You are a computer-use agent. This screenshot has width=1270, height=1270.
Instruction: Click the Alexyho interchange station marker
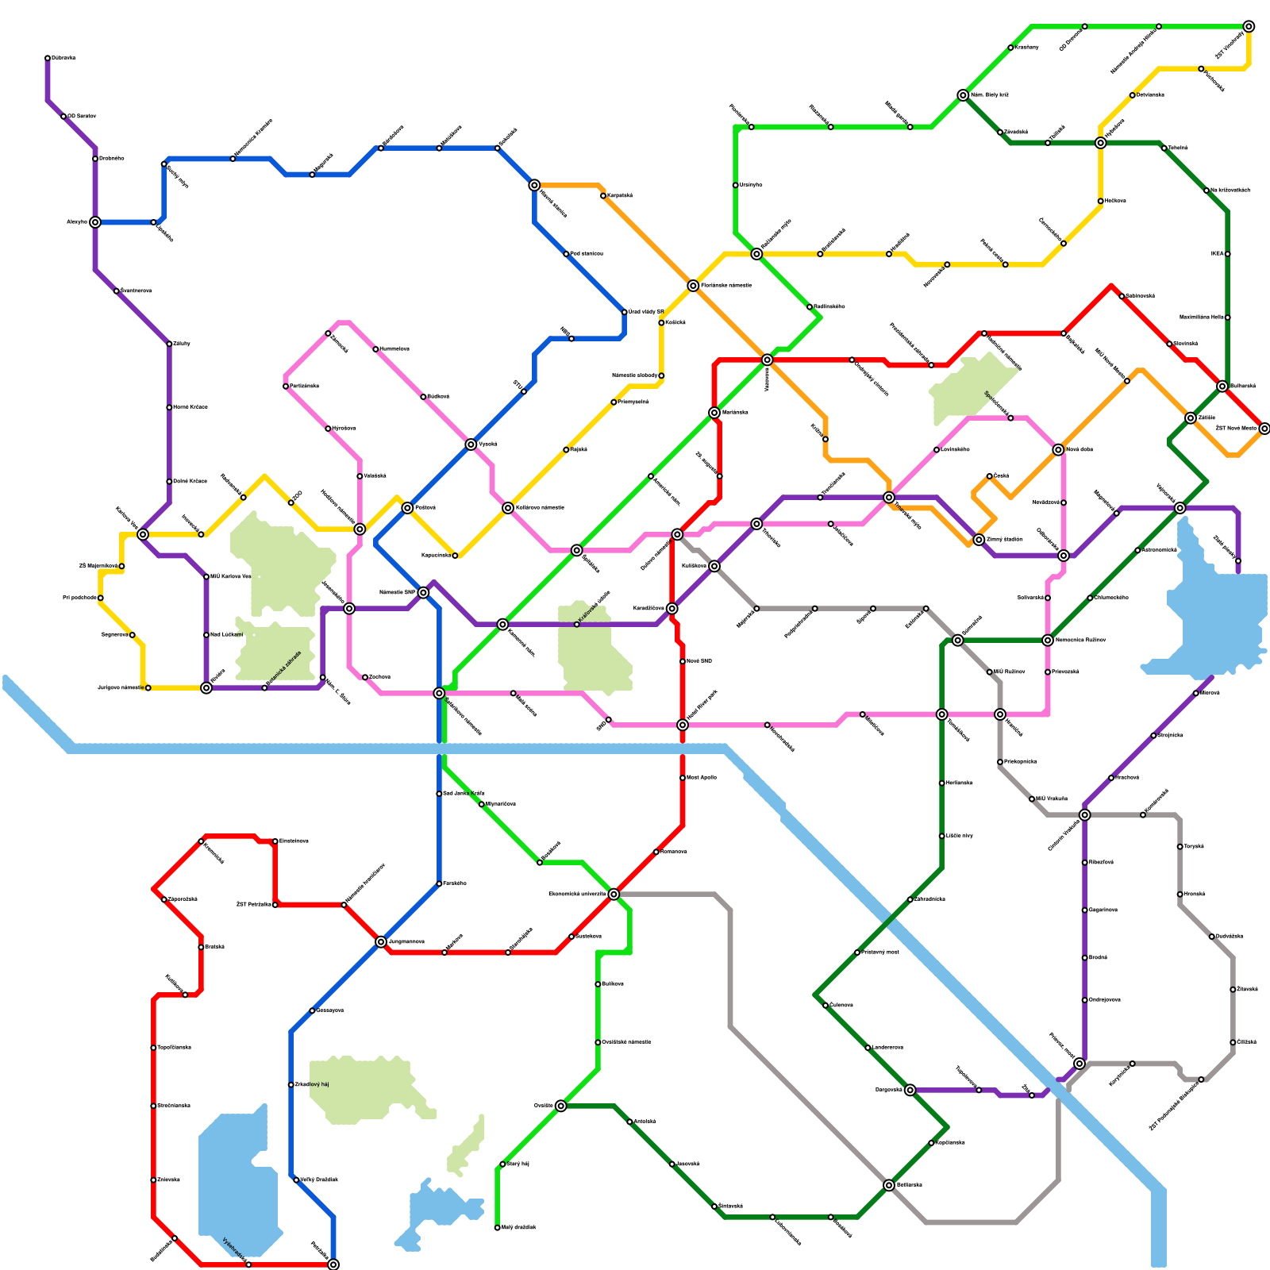95,222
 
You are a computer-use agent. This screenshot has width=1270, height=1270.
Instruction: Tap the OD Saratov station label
83,117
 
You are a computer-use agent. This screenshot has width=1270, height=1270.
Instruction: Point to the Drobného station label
112,159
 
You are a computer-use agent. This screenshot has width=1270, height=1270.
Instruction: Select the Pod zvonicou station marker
566,254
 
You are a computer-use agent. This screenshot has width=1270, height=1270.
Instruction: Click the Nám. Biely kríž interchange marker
963,95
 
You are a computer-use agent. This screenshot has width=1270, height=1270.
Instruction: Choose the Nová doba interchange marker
1058,450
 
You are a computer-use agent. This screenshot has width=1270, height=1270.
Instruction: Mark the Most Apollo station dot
683,778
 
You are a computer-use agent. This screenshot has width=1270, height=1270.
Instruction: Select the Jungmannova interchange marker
381,942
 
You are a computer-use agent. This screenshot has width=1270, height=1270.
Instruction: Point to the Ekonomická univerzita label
577,895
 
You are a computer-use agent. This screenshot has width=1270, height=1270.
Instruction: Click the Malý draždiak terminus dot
498,1228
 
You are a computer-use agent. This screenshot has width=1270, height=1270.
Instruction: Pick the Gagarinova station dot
1085,910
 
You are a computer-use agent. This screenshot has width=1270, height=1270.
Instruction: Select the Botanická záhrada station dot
264,688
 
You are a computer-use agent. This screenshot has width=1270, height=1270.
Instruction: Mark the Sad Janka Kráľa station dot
439,794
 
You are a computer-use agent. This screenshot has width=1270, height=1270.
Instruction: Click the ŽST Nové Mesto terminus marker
1264,429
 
